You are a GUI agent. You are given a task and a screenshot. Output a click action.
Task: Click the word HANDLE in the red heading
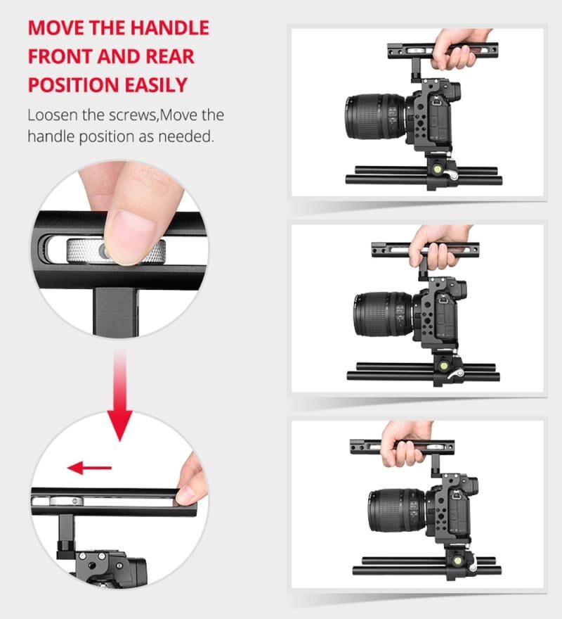click(x=169, y=27)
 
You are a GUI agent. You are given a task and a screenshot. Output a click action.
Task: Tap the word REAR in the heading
click(x=170, y=56)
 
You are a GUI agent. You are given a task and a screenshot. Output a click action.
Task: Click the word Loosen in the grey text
click(x=53, y=115)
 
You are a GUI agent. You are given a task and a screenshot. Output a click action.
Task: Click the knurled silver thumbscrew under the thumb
click(x=115, y=251)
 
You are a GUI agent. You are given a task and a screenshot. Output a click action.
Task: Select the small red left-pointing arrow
click(x=89, y=468)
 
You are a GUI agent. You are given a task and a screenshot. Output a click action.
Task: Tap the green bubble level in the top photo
click(x=438, y=170)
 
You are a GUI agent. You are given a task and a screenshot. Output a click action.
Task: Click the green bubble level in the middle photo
click(x=443, y=366)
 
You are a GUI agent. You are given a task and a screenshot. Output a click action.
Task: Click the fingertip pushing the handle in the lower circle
click(x=188, y=490)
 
